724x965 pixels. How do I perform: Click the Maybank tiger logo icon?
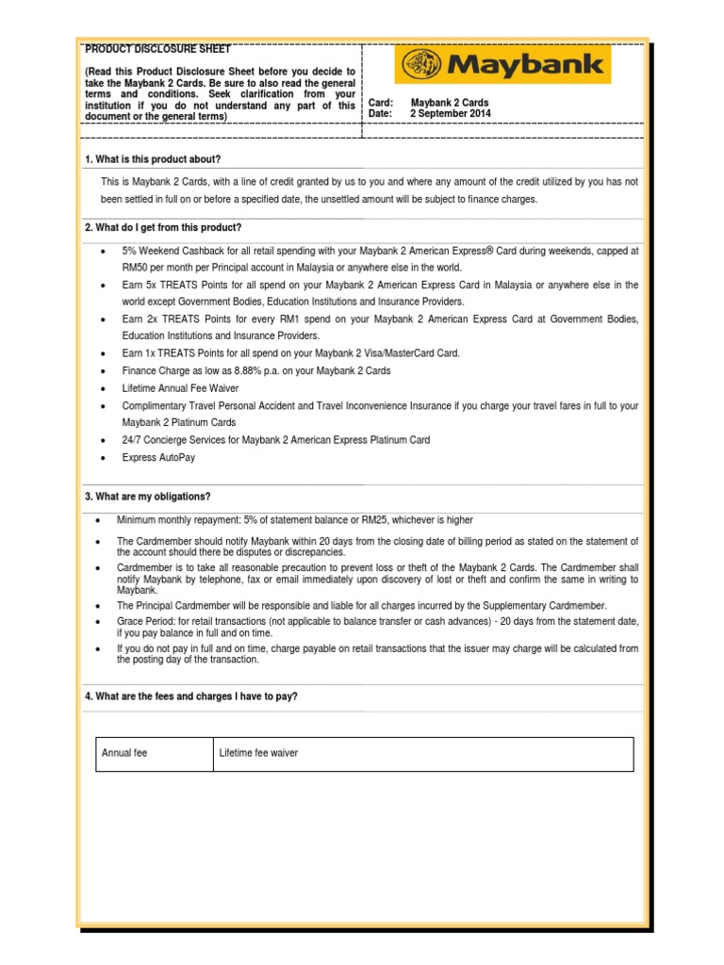421,66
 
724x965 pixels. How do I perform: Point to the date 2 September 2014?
450,113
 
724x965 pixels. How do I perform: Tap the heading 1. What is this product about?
153,159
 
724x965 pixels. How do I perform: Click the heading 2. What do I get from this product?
163,228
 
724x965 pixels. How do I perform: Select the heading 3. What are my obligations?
148,497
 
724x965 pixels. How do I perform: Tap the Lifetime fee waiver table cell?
258,754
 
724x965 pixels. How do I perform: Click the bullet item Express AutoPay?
158,457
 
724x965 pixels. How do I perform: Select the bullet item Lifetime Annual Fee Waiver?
180,388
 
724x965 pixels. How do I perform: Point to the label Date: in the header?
380,113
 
